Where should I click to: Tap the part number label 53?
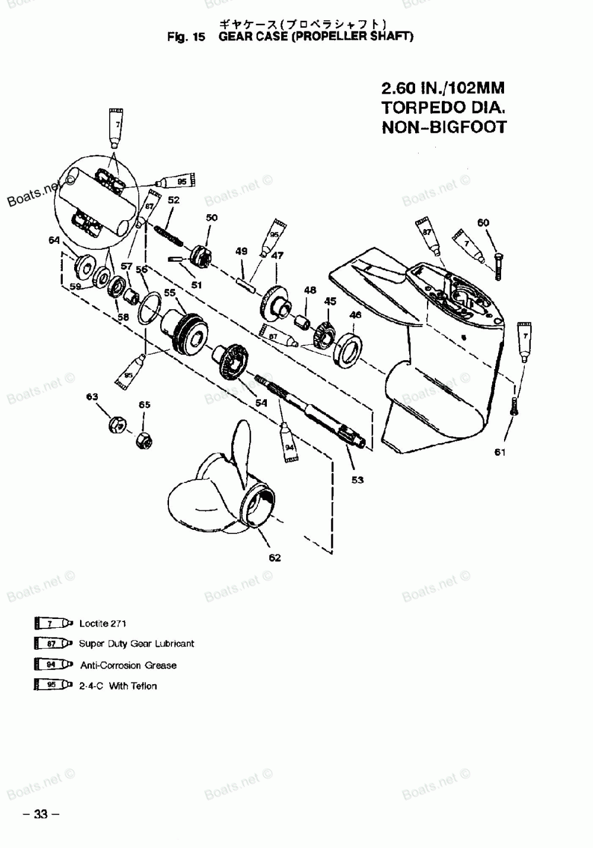[357, 480]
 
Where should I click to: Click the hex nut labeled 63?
[117, 425]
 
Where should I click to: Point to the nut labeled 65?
[144, 442]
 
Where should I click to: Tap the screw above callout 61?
[514, 406]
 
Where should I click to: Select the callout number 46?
[355, 315]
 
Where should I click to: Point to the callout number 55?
[170, 293]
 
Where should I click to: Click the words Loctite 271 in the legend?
[103, 624]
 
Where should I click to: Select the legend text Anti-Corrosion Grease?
[128, 665]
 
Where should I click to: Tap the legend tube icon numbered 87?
[53, 644]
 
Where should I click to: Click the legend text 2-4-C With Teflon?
[118, 686]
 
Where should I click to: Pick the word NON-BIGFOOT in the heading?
[444, 127]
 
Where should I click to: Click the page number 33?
[41, 814]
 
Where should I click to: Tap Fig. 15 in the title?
[186, 37]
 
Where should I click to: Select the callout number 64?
[55, 240]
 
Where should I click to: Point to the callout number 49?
[241, 252]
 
